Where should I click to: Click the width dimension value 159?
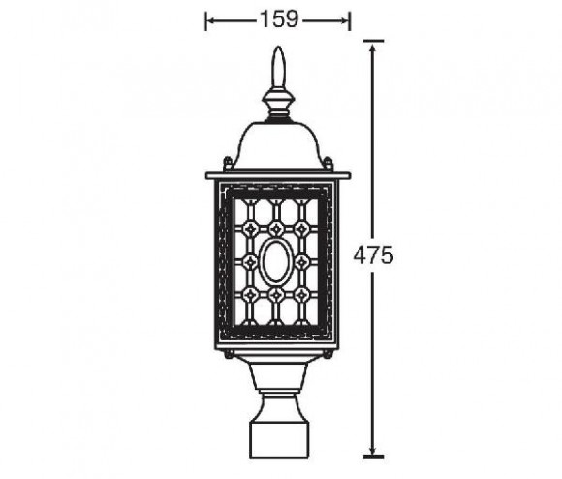278,18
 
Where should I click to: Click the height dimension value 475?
373,256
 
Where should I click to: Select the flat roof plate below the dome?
278,176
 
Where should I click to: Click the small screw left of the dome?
227,163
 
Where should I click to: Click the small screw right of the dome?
329,163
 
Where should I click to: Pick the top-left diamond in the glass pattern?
251,229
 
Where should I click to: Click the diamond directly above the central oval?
276,229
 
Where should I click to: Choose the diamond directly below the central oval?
276,292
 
